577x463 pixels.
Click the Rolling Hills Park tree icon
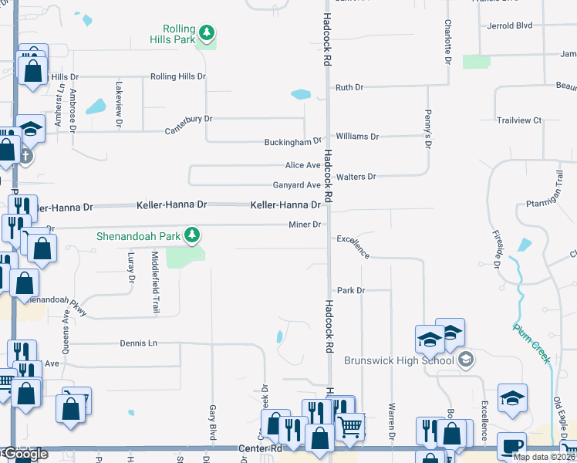click(x=206, y=32)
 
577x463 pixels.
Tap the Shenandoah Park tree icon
click(x=195, y=235)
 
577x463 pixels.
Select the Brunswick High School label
click(x=399, y=360)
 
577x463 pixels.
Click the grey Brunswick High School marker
click(x=465, y=360)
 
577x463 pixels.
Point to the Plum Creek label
click(x=532, y=343)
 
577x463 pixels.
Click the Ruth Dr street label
click(x=349, y=88)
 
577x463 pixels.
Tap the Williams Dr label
click(x=358, y=137)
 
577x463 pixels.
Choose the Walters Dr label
click(x=356, y=177)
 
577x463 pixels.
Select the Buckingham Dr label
click(x=292, y=142)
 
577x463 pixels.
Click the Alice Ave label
click(x=302, y=165)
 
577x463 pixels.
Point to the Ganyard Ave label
click(x=296, y=185)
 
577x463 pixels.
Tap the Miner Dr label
click(x=305, y=225)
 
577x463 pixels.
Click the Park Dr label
click(x=350, y=290)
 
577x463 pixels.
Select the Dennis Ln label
click(x=138, y=343)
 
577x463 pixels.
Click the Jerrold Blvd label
click(x=510, y=25)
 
